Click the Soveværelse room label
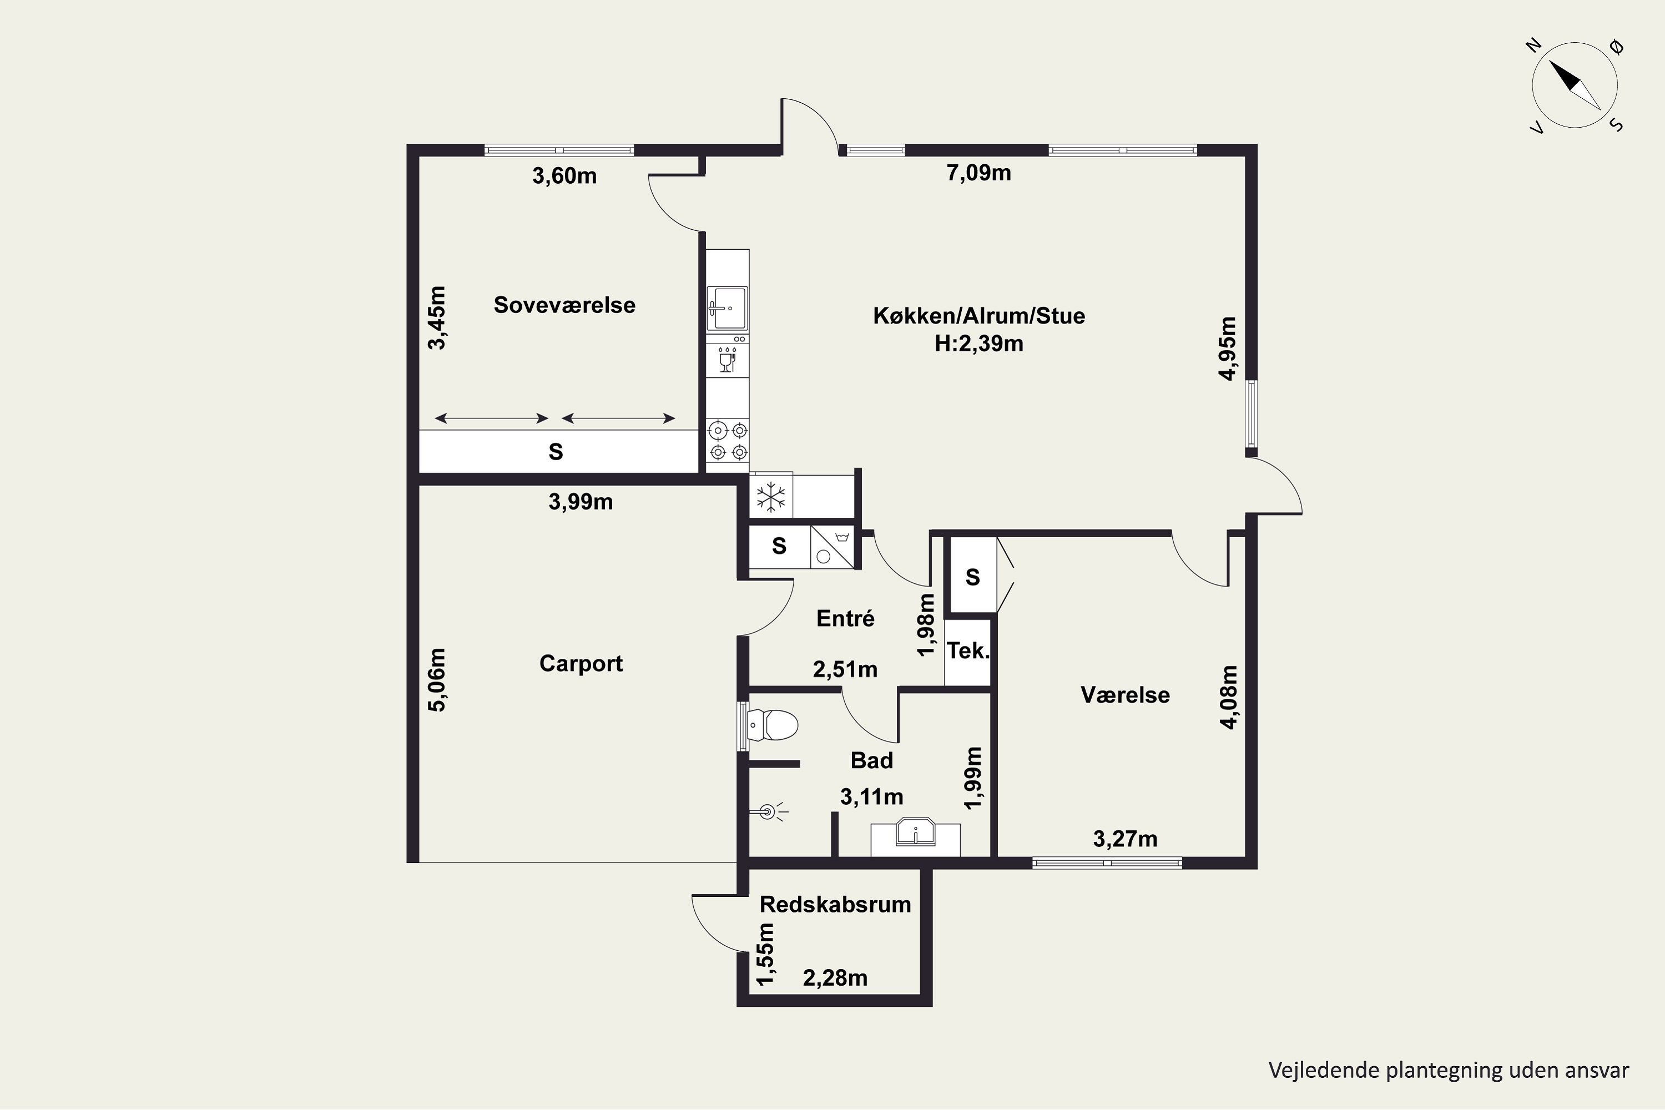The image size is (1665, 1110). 564,305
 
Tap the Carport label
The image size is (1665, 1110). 581,663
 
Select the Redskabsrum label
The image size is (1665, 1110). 835,905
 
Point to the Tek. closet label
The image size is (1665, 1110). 968,650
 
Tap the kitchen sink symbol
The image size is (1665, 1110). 727,308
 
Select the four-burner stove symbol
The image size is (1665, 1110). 728,440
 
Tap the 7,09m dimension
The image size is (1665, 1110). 979,173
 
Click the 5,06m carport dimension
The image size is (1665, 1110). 438,679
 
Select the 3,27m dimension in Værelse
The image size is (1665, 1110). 1126,839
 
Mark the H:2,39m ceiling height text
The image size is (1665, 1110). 979,344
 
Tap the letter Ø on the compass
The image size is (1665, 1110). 1617,47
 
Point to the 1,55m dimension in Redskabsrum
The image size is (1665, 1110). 765,954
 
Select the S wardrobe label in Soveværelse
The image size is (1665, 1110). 556,452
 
